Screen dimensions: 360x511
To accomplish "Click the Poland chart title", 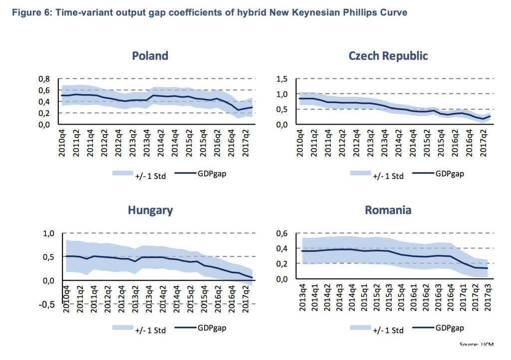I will (150, 55).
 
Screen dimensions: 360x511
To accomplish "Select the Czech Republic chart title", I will (388, 55).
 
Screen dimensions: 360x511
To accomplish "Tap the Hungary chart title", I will (150, 210).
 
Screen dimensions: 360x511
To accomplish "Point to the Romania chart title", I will (388, 210).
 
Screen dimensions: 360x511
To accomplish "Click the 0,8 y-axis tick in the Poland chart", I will (44, 79).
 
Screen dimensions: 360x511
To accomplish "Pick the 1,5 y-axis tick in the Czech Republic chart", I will (282, 79).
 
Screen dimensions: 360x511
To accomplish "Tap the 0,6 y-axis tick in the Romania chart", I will (282, 233).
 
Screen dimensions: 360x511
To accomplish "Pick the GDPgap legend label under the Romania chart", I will (450, 328).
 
